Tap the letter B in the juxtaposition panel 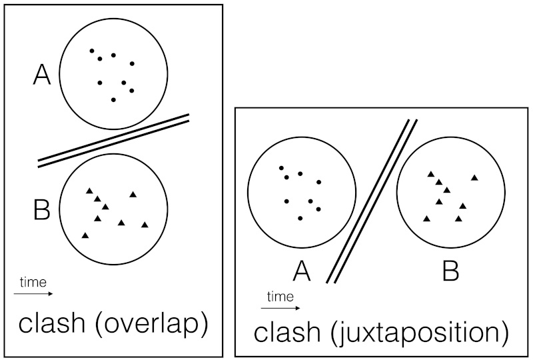coord(451,271)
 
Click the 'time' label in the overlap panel coord(32,282)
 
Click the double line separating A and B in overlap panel coord(113,140)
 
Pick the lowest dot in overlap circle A coord(114,99)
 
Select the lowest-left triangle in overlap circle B coord(85,235)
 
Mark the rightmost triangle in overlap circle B coord(145,225)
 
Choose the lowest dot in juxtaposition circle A coord(300,218)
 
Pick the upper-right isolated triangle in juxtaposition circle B coord(474,177)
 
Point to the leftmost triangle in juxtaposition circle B coord(426,218)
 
